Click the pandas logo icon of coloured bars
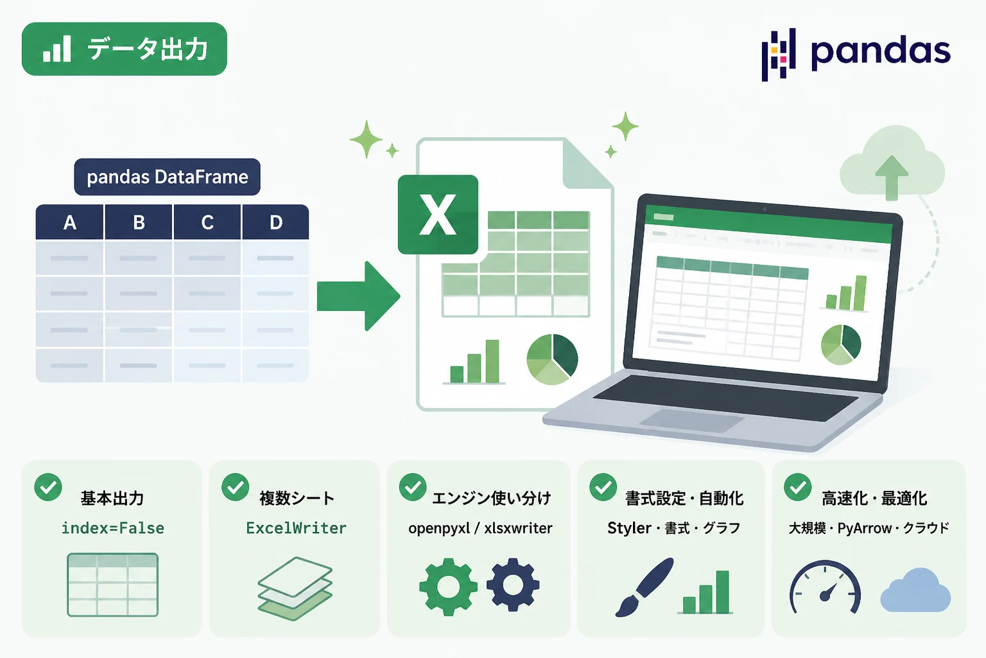coord(778,55)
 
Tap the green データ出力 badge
coord(124,49)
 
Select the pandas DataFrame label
coord(168,177)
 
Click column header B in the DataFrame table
coord(138,222)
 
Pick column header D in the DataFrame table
coord(275,222)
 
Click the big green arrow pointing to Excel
coord(358,296)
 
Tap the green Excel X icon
coord(438,215)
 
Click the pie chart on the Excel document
coord(552,359)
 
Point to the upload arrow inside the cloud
coord(892,177)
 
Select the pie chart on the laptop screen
coord(841,344)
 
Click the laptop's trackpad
coord(691,420)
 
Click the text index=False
coord(113,528)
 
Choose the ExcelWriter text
coord(296,528)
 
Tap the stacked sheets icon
coord(295,589)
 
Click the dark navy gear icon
coord(513,585)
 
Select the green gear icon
coord(449,587)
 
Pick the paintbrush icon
coord(644,587)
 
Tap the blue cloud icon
coord(915,590)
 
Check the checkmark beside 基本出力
coord(48,487)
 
